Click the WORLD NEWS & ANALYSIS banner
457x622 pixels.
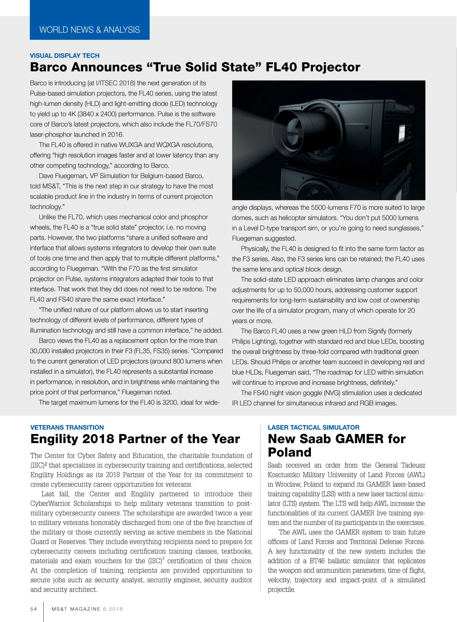point(89,30)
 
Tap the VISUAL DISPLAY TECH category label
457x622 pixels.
point(65,56)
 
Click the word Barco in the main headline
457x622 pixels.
point(48,67)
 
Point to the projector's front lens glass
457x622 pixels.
point(291,128)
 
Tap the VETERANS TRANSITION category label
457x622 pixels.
point(67,427)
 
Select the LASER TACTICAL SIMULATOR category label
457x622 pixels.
point(313,427)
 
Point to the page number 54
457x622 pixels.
point(34,609)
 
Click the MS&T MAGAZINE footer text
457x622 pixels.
point(76,609)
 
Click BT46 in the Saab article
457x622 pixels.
point(318,561)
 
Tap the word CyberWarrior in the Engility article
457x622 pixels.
point(51,504)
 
